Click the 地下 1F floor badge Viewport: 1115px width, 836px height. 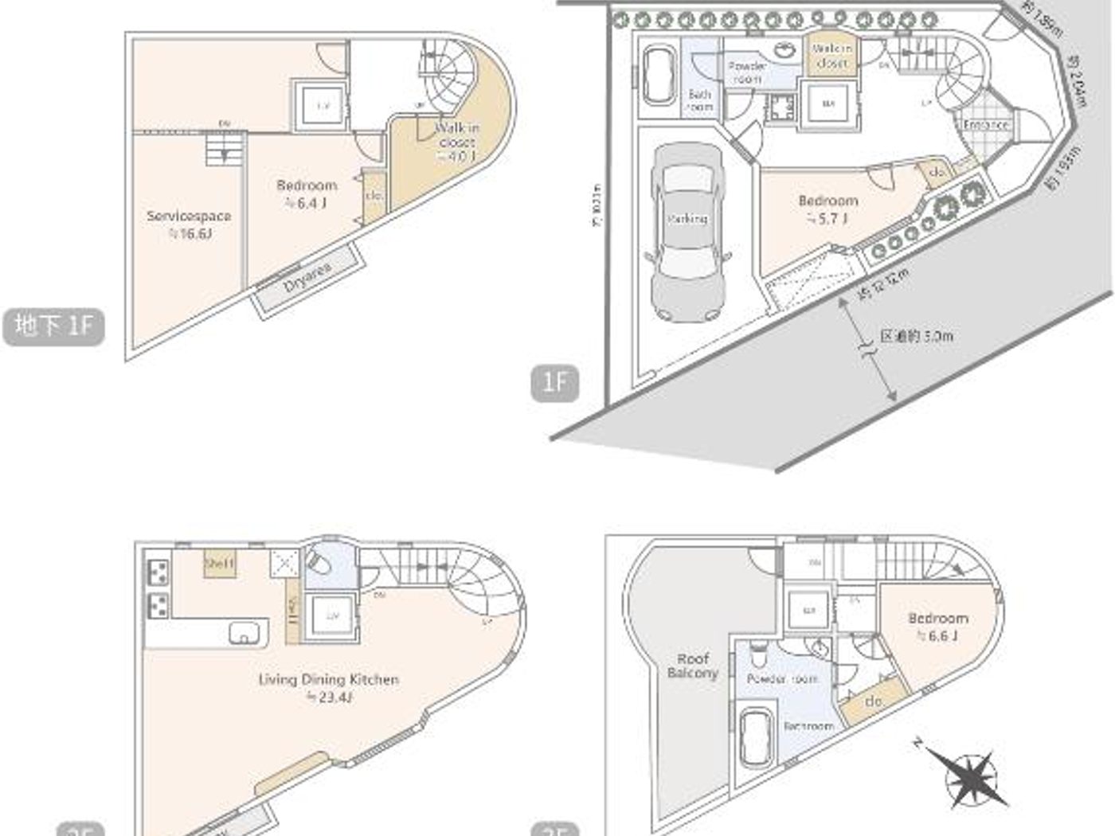tap(53, 326)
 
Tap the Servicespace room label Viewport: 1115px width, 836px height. tap(189, 224)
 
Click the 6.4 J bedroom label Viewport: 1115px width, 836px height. tap(307, 193)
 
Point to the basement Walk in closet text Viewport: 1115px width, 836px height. tap(457, 141)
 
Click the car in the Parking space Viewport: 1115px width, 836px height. tap(687, 231)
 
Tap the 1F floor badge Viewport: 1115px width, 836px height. tap(554, 383)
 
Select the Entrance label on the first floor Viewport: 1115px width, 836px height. tap(985, 125)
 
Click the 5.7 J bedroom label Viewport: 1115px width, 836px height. tap(827, 209)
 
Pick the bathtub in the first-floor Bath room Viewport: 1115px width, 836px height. tap(659, 74)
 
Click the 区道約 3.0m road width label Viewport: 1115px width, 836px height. tap(916, 336)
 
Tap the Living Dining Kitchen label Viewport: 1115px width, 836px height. tap(328, 687)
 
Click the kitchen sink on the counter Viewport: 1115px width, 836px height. tap(244, 633)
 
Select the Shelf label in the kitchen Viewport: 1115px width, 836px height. tap(220, 563)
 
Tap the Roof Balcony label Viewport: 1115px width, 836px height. tap(692, 666)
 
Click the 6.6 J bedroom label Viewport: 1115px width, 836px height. tap(938, 627)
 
